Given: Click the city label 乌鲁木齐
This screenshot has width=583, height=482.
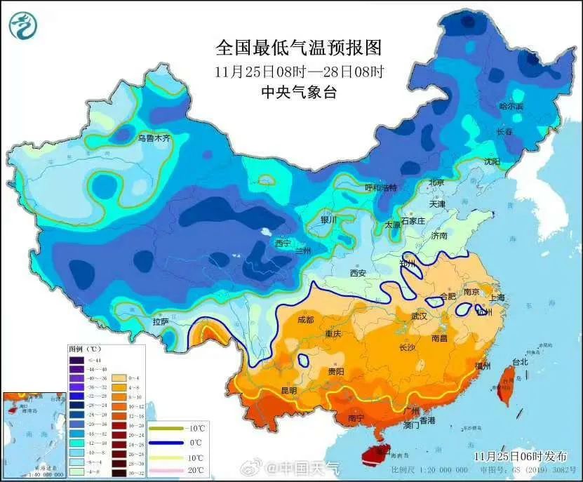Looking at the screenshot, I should (153, 139).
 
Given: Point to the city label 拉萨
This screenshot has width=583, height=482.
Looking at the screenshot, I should (160, 321).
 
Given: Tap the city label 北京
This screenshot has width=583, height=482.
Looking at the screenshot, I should (436, 182).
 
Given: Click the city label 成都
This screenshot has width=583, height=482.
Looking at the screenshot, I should (305, 319).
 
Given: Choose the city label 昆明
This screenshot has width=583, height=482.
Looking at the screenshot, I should (288, 390).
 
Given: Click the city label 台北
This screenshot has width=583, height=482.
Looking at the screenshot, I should (520, 363).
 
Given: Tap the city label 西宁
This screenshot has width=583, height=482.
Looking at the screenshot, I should (282, 243).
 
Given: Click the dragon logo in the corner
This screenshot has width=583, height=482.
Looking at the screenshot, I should (22, 26).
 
